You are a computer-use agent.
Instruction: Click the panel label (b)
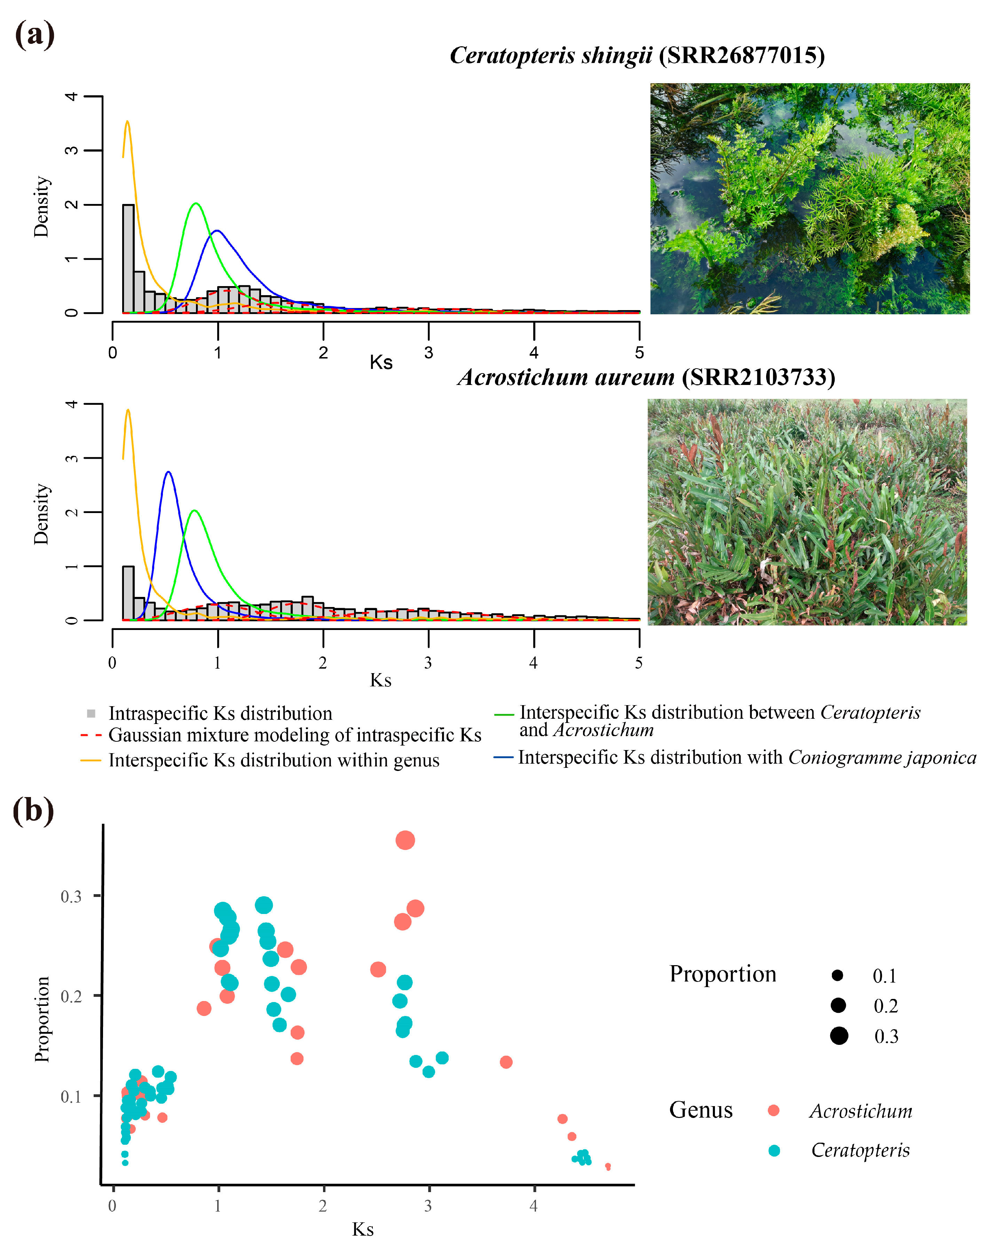pyautogui.click(x=33, y=811)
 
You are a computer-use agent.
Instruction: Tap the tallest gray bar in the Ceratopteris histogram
pyautogui.click(x=128, y=258)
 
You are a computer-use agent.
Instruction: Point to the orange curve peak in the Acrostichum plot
pyautogui.click(x=128, y=410)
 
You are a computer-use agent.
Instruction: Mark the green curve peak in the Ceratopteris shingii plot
pyautogui.click(x=196, y=204)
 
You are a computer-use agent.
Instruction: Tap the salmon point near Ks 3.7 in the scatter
pyautogui.click(x=506, y=1062)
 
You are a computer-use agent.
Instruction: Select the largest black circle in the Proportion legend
pyautogui.click(x=839, y=1035)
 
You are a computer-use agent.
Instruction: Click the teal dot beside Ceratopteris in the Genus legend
pyautogui.click(x=774, y=1150)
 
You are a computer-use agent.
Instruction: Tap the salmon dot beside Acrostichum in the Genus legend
pyautogui.click(x=773, y=1110)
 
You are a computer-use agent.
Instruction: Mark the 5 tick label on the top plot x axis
pyautogui.click(x=639, y=353)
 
